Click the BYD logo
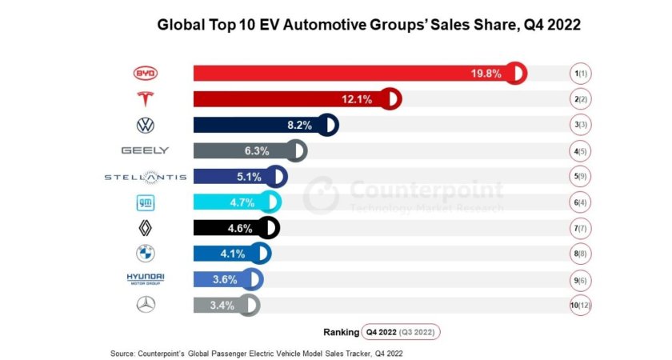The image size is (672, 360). [146, 74]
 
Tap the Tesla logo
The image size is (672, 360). [146, 99]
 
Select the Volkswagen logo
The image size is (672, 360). [146, 125]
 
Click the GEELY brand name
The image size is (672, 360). [145, 150]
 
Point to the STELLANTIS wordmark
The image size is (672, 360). [146, 176]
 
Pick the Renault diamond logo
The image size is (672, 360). [146, 228]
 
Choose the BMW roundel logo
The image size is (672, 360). [146, 254]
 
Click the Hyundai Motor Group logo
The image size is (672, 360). [146, 279]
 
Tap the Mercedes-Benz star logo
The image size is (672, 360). [146, 305]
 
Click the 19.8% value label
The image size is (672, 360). [486, 74]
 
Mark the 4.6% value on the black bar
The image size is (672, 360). [240, 228]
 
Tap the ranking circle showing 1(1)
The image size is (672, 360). [580, 74]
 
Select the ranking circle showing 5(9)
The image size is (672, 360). [580, 176]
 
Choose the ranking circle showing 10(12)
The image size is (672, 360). [580, 305]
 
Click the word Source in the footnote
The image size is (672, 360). [125, 351]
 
